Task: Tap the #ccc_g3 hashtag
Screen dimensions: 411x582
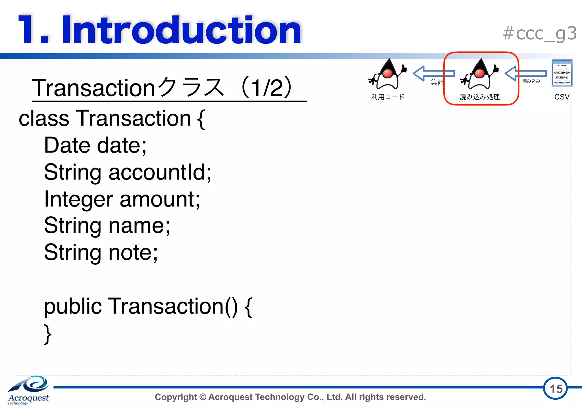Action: [539, 34]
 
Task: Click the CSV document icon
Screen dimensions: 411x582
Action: [562, 73]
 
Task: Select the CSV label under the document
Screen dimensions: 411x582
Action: [562, 97]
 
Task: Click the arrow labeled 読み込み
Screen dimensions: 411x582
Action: [526, 74]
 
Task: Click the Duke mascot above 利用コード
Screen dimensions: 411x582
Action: [388, 74]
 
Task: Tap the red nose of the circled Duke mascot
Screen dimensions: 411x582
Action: [480, 73]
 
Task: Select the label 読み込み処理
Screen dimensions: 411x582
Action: [480, 97]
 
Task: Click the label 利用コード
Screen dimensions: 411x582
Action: [388, 97]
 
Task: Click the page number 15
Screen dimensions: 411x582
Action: [556, 389]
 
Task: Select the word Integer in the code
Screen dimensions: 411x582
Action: [78, 199]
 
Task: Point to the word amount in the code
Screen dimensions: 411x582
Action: [159, 199]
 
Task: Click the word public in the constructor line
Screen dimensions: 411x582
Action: [73, 306]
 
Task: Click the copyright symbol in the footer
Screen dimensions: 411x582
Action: [203, 397]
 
